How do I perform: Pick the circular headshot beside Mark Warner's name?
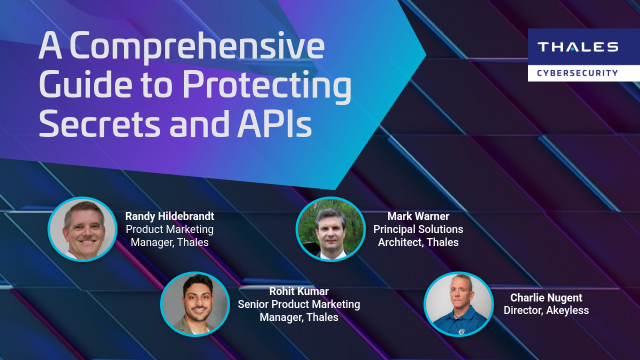click(330, 229)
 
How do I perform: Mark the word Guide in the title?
click(76, 86)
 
